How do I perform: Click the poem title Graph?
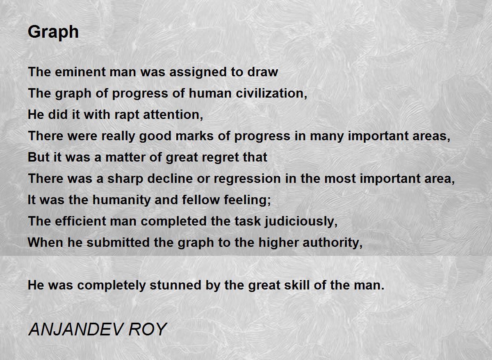coord(53,32)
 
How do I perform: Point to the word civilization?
coord(271,93)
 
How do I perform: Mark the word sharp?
coord(125,179)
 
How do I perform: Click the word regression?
coord(247,179)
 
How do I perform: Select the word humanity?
coord(121,200)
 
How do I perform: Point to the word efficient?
coord(80,221)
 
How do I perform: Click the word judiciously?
coord(301,221)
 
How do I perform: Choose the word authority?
coord(333,243)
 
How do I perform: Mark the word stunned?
coord(175,285)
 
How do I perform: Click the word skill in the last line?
coord(297,285)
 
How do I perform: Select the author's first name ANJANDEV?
coord(75,330)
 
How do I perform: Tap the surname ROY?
coord(148,330)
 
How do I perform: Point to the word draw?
coord(263,72)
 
